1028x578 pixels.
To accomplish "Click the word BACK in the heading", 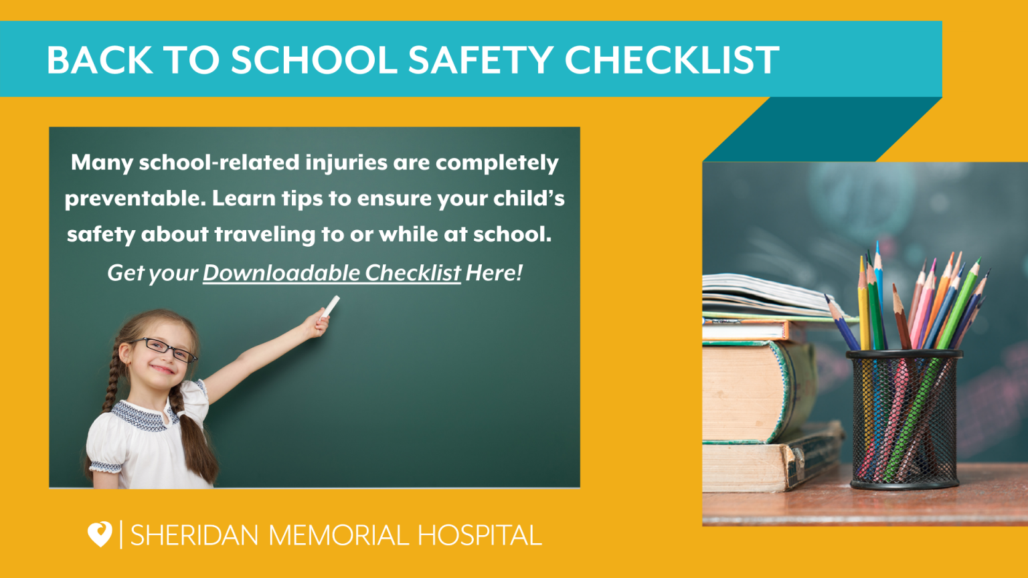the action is click(100, 60).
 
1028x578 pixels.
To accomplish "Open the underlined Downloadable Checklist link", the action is click(332, 273).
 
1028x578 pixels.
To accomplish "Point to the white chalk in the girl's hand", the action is click(330, 307).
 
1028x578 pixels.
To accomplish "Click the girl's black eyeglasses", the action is click(163, 349).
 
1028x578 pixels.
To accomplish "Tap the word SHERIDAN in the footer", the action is click(195, 535).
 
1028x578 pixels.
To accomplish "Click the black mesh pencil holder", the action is click(904, 419).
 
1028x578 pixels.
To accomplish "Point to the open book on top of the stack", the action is click(776, 296).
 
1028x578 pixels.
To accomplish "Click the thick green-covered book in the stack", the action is click(760, 392).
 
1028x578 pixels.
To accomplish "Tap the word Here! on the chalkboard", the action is click(494, 273).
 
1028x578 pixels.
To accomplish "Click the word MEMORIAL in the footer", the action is click(338, 535).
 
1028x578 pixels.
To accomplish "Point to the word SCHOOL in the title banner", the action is click(315, 60).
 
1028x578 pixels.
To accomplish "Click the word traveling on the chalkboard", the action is click(265, 235).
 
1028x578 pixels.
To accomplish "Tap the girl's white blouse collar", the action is click(143, 416).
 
